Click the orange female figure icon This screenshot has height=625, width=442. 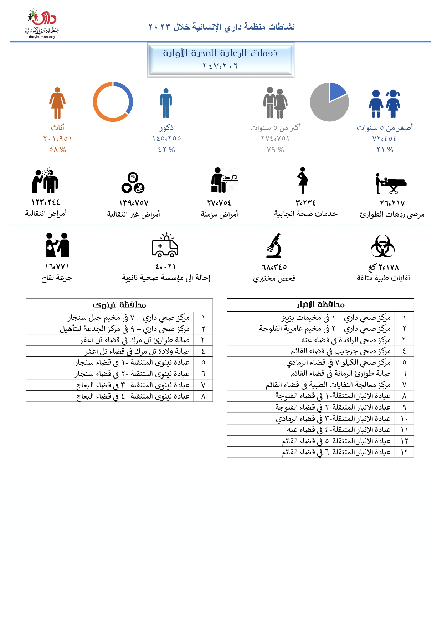57,103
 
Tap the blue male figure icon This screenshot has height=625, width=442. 166,103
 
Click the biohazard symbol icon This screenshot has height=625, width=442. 382,246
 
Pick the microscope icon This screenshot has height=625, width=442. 274,245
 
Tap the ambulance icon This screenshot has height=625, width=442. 165,245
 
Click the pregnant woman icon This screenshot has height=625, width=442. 303,181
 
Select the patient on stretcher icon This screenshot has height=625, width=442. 391,183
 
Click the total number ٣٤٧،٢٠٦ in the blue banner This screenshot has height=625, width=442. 220,66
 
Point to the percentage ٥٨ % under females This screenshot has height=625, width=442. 58,150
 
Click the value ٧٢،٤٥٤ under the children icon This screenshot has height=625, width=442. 385,139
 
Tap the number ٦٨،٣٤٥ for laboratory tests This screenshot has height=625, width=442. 274,267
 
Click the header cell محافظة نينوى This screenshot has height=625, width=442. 119,305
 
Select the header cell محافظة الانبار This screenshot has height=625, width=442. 320,305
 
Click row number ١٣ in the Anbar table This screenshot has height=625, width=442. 404,452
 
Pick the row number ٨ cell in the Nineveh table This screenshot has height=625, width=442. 203,396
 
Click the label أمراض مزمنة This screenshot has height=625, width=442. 219,214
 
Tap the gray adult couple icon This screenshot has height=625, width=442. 275,103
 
